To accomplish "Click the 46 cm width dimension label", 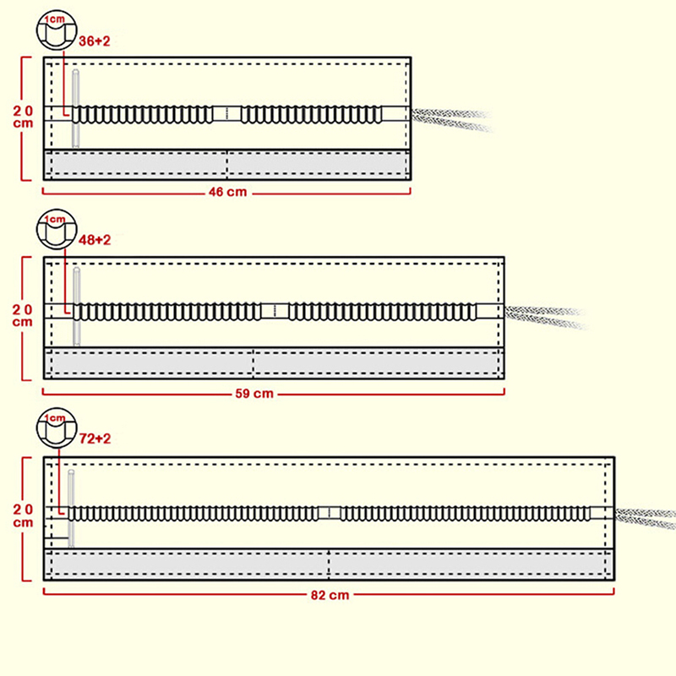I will pos(227,193).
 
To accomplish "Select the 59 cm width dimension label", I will pos(274,393).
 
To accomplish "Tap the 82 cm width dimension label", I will pos(330,594).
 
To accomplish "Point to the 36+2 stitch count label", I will pos(95,41).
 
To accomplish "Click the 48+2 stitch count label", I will pos(95,240).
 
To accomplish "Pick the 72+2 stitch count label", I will pos(95,439).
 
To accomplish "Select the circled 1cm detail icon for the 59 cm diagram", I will pos(56,230).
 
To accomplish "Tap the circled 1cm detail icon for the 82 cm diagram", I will pos(56,429).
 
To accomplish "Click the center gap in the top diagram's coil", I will pos(227,113).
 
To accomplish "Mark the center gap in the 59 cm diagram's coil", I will pos(275,311).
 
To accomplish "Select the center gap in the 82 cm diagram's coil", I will pos(330,513).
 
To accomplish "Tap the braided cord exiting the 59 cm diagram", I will pos(545,317).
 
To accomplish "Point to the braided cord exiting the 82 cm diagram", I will pos(646,517).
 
